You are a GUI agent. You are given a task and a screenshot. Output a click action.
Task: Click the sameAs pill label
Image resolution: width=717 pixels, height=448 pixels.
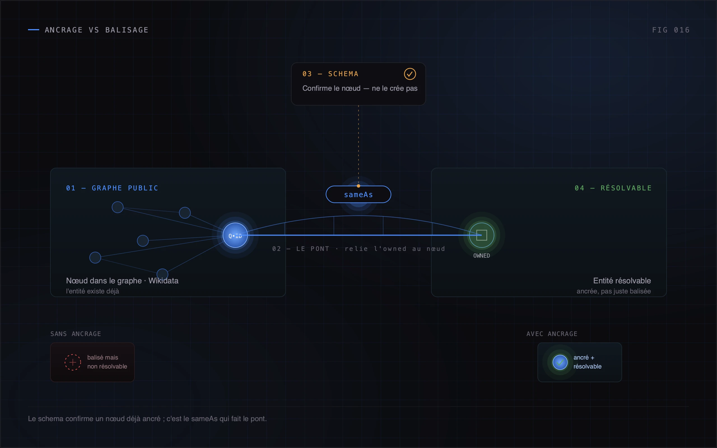click(358, 195)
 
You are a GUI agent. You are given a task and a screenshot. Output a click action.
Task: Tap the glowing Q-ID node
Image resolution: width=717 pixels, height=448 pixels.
click(235, 235)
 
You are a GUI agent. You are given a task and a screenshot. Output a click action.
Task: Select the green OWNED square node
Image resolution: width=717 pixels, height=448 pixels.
click(481, 235)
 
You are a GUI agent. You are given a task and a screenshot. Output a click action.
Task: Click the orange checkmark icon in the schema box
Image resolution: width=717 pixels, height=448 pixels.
click(410, 74)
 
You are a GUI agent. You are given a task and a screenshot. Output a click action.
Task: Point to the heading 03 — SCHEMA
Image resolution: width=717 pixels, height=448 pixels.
click(330, 74)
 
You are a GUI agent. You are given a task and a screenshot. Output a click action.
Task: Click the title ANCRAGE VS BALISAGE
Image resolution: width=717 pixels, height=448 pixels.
click(97, 30)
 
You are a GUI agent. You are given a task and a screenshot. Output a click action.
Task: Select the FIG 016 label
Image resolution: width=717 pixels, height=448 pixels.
click(671, 30)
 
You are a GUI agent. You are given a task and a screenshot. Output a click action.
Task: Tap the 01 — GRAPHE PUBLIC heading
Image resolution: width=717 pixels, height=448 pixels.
click(112, 188)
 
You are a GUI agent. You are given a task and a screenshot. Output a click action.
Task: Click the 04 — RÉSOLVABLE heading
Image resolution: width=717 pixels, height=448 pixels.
click(613, 188)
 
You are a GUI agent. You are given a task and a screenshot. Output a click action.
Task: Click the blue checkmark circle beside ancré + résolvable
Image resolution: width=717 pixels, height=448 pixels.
click(560, 362)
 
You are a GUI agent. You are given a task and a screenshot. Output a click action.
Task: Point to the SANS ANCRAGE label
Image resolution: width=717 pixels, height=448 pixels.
click(76, 334)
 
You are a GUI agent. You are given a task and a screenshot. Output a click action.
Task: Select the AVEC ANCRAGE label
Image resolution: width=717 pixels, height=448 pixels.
click(552, 334)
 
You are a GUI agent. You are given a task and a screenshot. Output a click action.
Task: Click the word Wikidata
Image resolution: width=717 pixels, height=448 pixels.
click(163, 281)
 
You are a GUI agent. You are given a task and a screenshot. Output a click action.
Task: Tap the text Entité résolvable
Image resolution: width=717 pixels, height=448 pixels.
click(622, 281)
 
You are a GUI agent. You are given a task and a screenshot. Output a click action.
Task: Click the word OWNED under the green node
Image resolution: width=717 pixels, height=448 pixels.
click(481, 256)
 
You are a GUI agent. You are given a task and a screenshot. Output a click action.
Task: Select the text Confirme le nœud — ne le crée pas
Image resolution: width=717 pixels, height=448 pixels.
click(360, 88)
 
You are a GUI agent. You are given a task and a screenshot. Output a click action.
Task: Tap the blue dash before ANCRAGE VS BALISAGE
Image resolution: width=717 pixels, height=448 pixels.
click(34, 30)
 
